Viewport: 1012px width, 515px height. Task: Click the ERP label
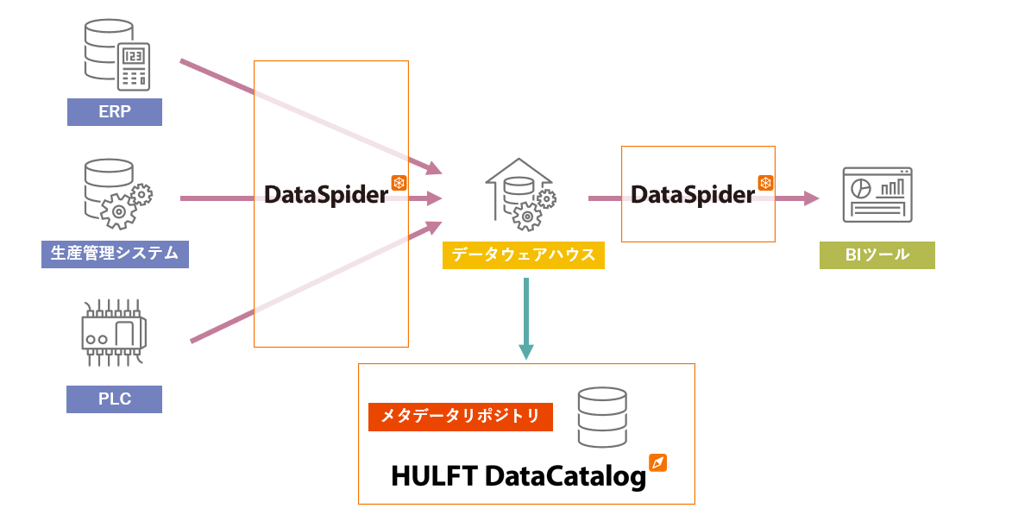(115, 112)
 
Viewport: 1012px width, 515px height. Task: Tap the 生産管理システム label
(115, 254)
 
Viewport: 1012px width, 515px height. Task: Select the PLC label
(115, 399)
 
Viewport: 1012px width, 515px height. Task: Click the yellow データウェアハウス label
(523, 255)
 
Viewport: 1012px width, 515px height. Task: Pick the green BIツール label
(877, 255)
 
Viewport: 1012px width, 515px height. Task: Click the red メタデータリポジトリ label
(460, 417)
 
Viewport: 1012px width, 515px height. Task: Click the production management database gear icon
(118, 193)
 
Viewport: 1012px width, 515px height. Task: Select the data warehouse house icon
(519, 194)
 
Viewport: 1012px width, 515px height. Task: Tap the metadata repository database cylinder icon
(602, 418)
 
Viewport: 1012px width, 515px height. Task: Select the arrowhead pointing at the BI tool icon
(810, 198)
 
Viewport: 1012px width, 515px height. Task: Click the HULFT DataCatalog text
(519, 476)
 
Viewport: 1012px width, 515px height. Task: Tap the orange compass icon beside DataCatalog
(659, 462)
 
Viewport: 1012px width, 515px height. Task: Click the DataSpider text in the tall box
(326, 195)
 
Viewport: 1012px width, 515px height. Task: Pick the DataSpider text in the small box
(693, 195)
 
